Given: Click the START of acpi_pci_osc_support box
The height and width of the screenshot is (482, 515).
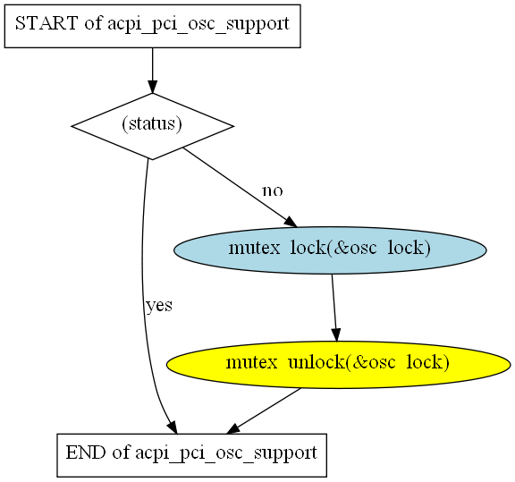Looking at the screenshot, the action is (152, 26).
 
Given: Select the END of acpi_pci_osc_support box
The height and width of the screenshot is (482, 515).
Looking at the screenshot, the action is (192, 455).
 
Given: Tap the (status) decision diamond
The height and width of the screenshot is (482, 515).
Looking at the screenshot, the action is (152, 126).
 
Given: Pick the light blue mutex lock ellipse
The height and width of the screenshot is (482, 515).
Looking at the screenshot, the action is (330, 250).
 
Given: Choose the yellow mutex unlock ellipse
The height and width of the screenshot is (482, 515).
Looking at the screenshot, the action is (338, 365).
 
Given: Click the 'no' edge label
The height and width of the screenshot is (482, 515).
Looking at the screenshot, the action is (273, 190).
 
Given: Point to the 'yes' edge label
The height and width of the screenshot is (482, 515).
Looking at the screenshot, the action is (159, 306).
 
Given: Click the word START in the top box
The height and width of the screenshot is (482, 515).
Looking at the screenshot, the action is (46, 23).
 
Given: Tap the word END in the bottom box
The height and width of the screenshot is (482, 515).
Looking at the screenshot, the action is (86, 452).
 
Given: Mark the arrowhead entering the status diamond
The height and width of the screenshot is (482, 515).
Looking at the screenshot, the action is (152, 87).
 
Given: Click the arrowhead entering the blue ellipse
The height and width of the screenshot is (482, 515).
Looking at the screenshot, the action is (291, 222).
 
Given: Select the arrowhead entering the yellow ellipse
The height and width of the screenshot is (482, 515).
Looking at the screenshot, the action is (335, 335).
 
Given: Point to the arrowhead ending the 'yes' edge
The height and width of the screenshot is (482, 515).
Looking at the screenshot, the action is (173, 427).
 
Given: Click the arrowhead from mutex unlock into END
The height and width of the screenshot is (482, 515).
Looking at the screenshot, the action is (232, 428).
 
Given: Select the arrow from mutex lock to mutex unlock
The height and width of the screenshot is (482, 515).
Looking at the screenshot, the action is (334, 308).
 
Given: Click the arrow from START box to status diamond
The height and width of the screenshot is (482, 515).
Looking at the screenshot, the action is (152, 71).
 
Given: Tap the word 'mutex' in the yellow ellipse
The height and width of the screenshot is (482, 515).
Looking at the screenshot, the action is (252, 362).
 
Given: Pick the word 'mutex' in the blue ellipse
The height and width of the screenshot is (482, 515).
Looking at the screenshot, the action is (254, 248).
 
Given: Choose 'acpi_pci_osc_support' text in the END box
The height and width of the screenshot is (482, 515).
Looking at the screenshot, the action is (226, 454).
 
